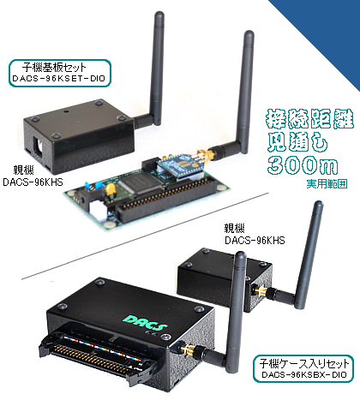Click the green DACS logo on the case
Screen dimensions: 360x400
pyautogui.click(x=146, y=323)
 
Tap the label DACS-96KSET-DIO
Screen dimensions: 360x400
pyautogui.click(x=59, y=79)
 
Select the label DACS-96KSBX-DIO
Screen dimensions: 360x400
pyautogui.click(x=304, y=374)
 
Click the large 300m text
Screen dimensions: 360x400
pyautogui.click(x=303, y=165)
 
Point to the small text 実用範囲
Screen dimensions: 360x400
pyautogui.click(x=327, y=183)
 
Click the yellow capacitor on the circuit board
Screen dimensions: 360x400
pyautogui.click(x=111, y=189)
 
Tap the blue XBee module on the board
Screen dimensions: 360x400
pyautogui.click(x=179, y=166)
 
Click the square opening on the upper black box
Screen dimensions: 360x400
pyautogui.click(x=39, y=146)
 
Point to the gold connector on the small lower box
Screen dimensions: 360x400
pyautogui.click(x=261, y=291)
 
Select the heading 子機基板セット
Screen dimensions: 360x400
pyautogui.click(x=54, y=68)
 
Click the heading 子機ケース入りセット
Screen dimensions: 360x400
pyautogui.click(x=304, y=363)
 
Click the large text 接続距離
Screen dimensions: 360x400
pyautogui.click(x=310, y=119)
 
